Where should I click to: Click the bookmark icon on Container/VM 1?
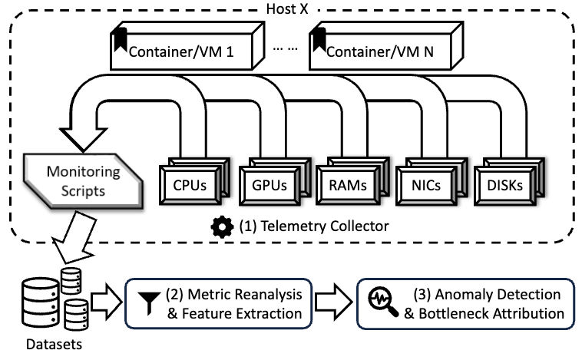pyautogui.click(x=119, y=37)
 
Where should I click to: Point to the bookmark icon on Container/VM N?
pyautogui.click(x=318, y=37)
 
